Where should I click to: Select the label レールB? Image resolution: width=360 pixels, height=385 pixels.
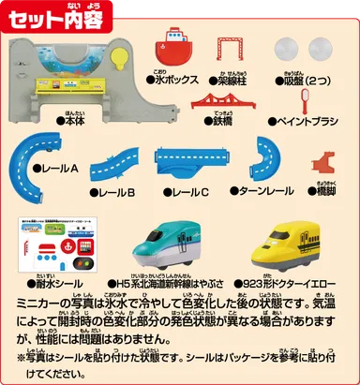[x=118, y=192]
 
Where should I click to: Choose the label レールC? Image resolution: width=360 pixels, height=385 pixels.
[x=188, y=192]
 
